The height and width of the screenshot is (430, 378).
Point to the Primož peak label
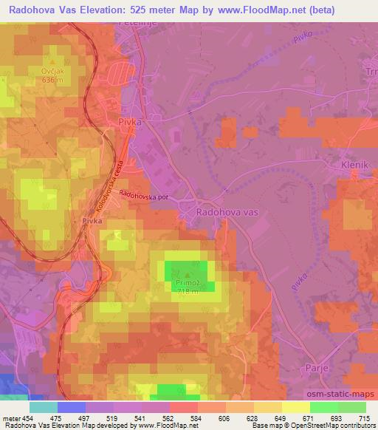tap(187, 281)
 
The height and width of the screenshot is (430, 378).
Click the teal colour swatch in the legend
tap(44, 407)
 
